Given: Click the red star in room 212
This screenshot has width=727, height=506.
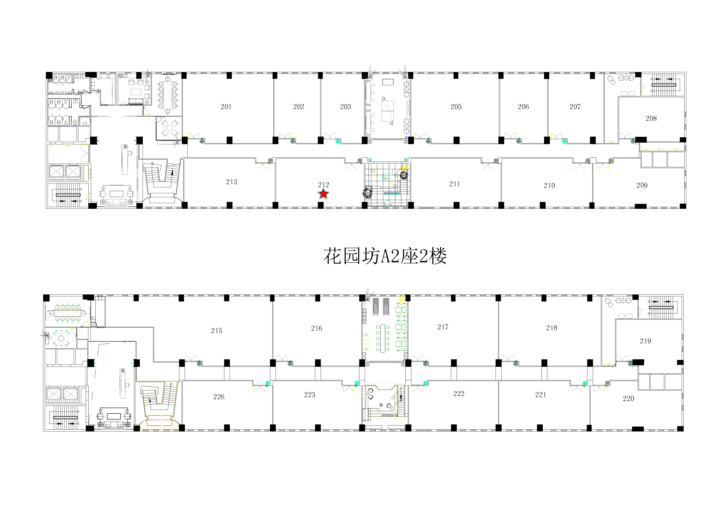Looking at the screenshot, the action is click(323, 194).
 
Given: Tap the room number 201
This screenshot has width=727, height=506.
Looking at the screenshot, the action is click(226, 107).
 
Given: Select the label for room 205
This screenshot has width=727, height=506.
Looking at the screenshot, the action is click(456, 107).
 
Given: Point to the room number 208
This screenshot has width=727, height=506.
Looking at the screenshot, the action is click(651, 119).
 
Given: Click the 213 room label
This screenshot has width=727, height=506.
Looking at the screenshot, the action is click(231, 182).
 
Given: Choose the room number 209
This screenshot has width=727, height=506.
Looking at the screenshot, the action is click(642, 185).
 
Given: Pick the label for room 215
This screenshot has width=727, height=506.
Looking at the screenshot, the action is click(217, 331).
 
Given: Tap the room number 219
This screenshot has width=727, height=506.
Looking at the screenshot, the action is click(645, 341).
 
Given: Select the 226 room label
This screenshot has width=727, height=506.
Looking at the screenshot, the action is click(219, 397).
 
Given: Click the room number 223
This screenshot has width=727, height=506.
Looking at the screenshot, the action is click(310, 395).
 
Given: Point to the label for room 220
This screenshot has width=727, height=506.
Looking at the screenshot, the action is click(629, 399).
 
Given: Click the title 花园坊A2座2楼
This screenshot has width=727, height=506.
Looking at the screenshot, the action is click(385, 256).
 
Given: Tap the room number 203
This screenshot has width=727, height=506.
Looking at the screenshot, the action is click(346, 107).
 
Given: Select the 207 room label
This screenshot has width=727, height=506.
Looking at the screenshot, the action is click(575, 107).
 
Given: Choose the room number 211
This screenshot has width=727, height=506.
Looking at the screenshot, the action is click(455, 184).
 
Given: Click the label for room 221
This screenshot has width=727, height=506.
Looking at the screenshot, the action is click(540, 395).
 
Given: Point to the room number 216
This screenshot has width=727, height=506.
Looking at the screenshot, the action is click(317, 328).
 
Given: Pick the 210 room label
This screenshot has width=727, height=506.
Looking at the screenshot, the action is click(549, 186).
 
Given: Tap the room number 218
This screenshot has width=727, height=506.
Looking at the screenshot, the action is click(552, 328).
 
